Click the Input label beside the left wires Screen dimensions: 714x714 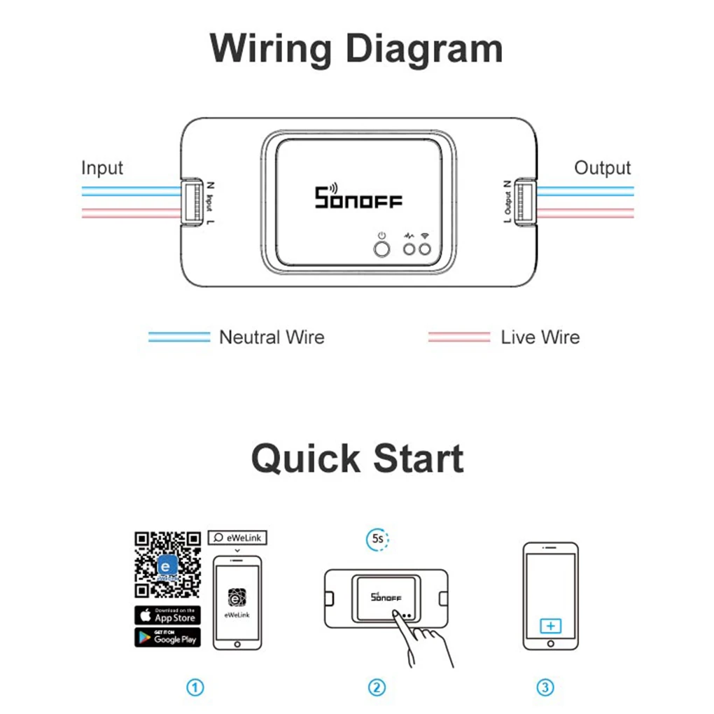[102, 168]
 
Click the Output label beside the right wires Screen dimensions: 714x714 [602, 168]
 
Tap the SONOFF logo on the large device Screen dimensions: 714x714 [358, 197]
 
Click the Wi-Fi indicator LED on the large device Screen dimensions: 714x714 [424, 248]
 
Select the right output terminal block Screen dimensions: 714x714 [521, 203]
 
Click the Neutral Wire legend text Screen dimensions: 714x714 [272, 337]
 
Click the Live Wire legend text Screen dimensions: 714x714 [540, 337]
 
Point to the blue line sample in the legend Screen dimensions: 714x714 [179, 337]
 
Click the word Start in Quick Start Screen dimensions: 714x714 [418, 459]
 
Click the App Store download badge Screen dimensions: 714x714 [167, 615]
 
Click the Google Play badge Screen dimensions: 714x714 [167, 637]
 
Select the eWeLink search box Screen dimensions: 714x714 [237, 538]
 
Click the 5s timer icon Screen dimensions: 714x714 [377, 540]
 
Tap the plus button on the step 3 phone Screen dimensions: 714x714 [550, 625]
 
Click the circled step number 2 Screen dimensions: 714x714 [377, 687]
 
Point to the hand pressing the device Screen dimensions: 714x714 [423, 637]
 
